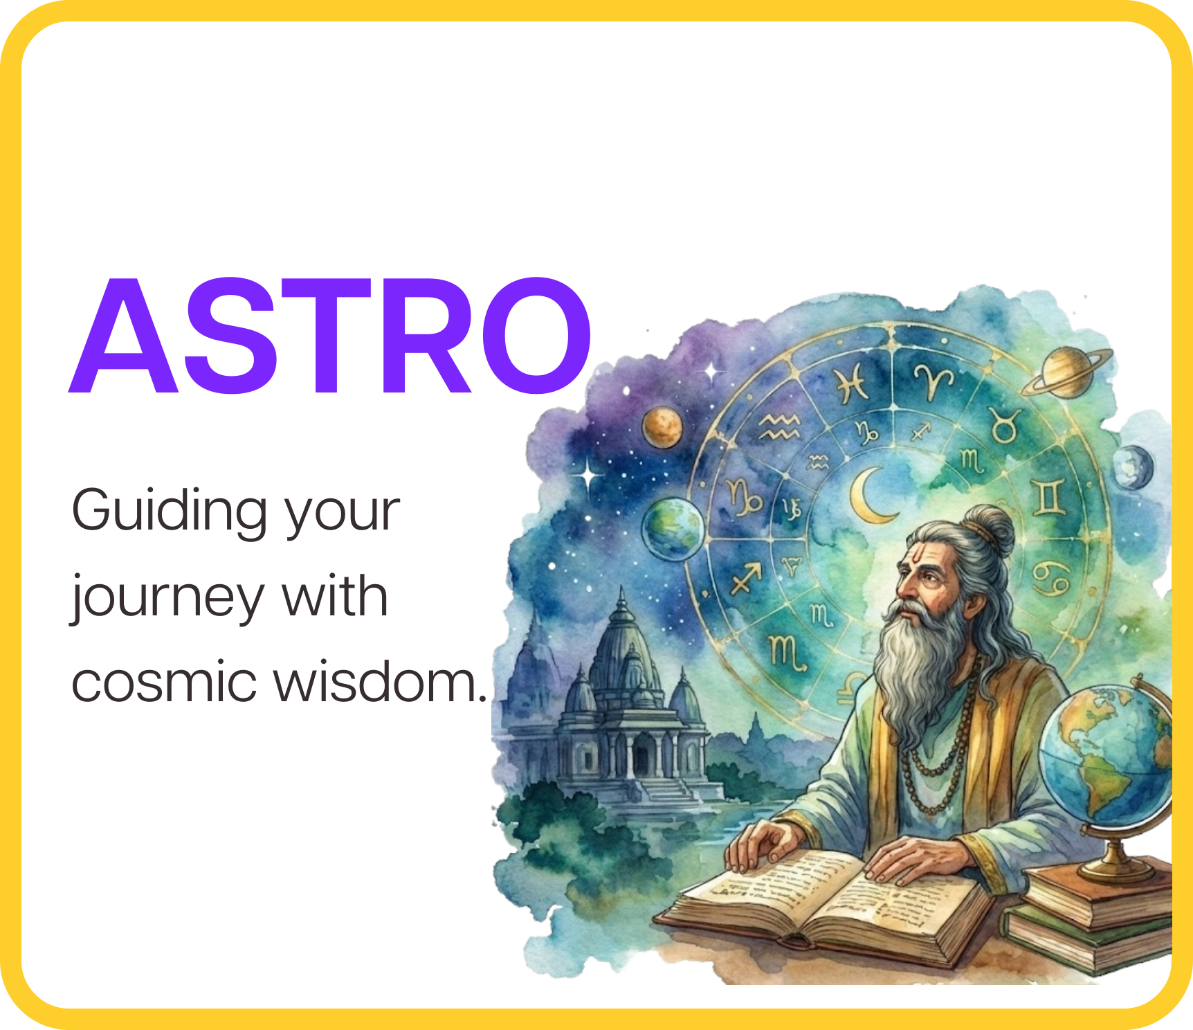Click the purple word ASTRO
point(330,336)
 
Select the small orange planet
point(662,427)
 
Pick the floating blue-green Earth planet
point(673,528)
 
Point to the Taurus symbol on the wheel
point(1004,424)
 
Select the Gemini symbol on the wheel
point(1049,498)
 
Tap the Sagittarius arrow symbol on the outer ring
point(746,577)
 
